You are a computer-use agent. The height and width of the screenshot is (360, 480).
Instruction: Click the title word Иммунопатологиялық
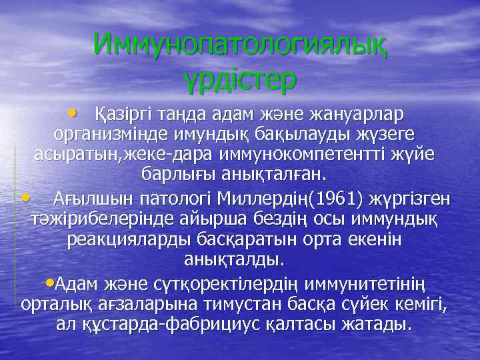pyautogui.click(x=241, y=45)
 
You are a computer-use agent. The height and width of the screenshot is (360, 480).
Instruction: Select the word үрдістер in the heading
pyautogui.click(x=241, y=78)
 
